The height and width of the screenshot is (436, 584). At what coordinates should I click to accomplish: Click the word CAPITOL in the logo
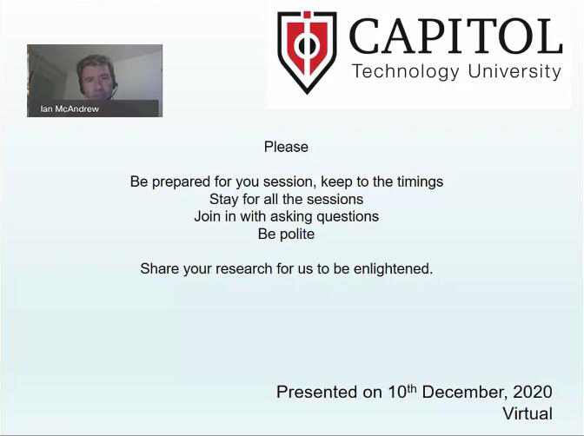[455, 36]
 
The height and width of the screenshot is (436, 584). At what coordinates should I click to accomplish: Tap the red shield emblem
[308, 52]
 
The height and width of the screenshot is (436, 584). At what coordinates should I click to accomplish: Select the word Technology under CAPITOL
[406, 71]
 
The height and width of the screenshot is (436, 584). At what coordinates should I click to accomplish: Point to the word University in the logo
[514, 71]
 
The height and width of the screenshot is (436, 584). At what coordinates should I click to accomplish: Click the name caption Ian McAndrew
[70, 109]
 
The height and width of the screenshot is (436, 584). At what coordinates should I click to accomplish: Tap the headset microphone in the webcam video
[113, 92]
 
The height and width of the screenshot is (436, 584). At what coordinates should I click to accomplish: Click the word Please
[286, 147]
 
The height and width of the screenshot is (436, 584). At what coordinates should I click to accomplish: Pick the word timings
[420, 182]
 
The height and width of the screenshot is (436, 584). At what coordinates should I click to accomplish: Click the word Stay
[223, 200]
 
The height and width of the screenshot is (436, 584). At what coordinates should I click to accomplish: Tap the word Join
[208, 216]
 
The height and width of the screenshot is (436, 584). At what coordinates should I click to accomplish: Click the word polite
[297, 235]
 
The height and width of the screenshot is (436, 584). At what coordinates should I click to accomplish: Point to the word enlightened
[393, 269]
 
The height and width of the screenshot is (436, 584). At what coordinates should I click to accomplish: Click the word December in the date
[466, 393]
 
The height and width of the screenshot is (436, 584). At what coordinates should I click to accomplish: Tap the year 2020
[533, 392]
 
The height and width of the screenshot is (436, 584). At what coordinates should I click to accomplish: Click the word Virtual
[528, 413]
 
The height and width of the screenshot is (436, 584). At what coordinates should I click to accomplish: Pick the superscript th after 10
[411, 388]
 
